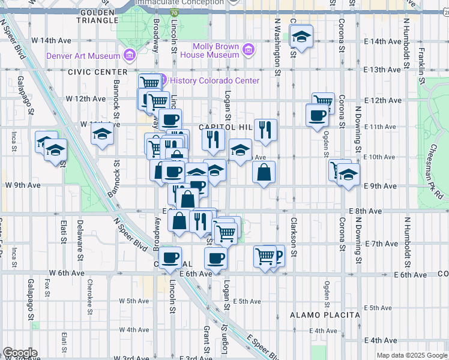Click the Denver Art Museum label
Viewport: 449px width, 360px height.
[83, 56]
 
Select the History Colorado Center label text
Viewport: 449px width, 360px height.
[214, 80]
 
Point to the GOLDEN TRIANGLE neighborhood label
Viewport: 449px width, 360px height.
[97, 16]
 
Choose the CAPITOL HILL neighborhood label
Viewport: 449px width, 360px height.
[223, 127]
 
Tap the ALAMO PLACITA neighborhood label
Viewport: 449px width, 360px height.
[325, 314]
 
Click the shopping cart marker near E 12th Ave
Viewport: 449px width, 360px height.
[323, 101]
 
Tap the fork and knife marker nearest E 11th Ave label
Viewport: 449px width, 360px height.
[265, 128]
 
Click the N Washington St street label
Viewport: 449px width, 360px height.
[278, 44]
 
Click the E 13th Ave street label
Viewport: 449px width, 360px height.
[382, 70]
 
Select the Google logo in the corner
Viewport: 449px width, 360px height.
[20, 353]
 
